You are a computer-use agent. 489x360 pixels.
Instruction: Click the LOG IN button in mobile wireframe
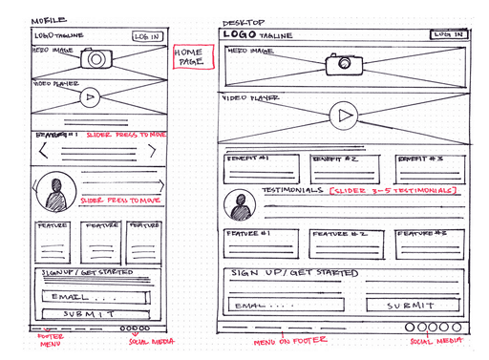pos(146,36)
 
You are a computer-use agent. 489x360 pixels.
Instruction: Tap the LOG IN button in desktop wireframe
pos(448,34)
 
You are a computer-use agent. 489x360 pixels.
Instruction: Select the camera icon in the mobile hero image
pos(96,59)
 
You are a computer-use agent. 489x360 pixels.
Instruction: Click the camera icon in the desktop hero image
pos(342,65)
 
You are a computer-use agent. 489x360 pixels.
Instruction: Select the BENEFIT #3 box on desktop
pos(431,167)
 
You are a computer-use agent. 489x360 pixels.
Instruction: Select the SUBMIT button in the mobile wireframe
pos(91,313)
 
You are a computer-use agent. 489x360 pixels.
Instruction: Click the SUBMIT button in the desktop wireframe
pos(414,306)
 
